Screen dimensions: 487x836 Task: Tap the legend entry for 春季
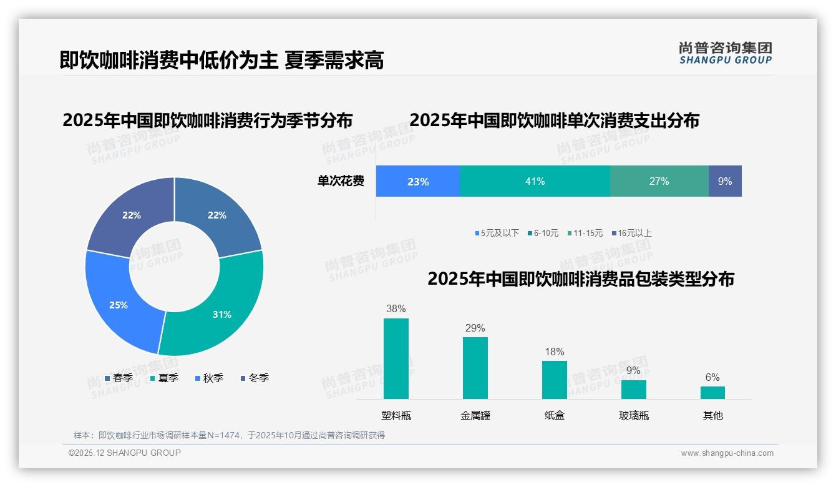point(119,378)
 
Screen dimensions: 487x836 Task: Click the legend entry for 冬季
point(255,378)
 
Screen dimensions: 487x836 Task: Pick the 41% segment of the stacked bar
point(535,181)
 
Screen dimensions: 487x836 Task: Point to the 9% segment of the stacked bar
point(725,181)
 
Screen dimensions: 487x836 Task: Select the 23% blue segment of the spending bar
point(417,181)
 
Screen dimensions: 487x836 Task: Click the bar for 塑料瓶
point(396,358)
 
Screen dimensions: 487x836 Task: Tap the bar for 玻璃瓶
point(633,389)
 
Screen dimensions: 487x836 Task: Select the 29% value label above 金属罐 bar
point(475,328)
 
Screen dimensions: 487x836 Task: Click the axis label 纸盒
point(554,415)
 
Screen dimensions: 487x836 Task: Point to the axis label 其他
point(712,415)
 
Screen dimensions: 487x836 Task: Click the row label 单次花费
point(341,181)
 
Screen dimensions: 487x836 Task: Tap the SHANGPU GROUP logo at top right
point(725,52)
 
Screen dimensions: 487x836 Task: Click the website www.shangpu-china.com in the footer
point(727,453)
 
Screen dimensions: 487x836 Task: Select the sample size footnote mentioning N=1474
point(229,435)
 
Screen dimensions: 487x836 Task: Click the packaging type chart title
point(580,278)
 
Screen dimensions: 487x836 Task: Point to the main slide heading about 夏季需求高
point(221,60)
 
